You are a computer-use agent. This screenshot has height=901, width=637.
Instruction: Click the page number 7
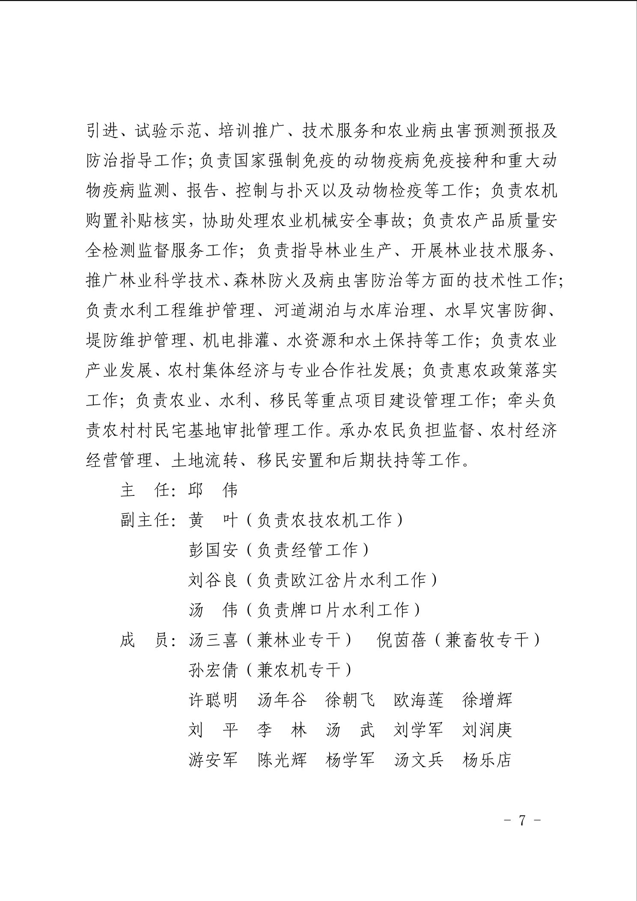522,820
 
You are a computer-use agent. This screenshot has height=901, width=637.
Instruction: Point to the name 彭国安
213,550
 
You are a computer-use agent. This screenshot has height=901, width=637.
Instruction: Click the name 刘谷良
213,580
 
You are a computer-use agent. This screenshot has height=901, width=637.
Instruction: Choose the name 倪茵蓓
401,640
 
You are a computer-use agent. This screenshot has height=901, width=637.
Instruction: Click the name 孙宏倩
213,670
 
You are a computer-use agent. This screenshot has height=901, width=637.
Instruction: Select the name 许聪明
213,700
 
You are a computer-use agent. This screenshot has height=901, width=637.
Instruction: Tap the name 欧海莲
418,700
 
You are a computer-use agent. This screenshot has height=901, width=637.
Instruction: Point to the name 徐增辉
487,700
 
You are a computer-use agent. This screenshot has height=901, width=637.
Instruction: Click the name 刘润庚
487,730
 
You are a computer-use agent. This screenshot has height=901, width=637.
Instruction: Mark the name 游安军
213,760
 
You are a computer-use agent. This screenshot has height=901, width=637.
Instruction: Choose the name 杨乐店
487,760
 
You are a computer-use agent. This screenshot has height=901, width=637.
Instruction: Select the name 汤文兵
418,760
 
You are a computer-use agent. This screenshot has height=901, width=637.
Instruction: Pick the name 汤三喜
213,640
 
